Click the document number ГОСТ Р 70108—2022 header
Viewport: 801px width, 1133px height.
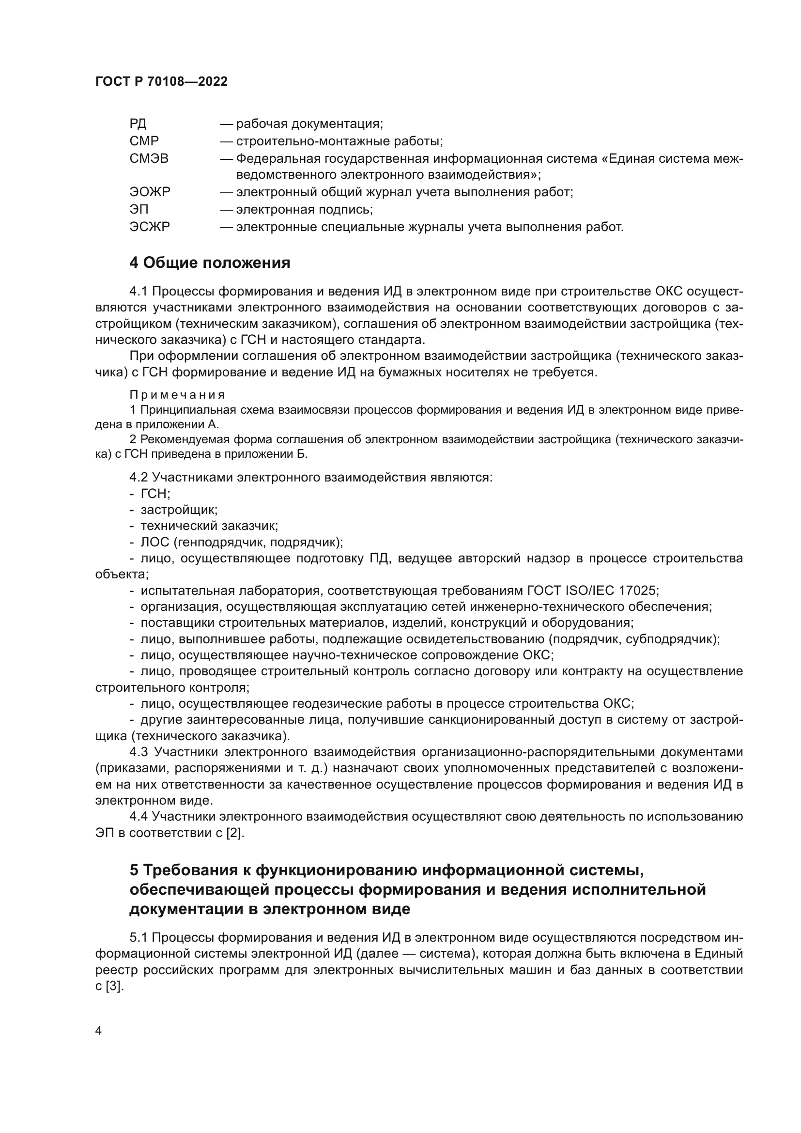pos(161,82)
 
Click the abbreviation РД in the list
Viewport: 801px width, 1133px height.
pos(138,124)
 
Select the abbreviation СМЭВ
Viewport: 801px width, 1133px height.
pos(149,158)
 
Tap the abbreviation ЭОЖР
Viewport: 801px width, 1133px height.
pos(150,192)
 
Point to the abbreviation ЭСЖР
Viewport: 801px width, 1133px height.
pos(150,227)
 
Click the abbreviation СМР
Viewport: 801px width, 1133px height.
pos(144,141)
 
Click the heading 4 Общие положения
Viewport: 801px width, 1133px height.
pos(210,263)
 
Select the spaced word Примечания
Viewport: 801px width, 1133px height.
pos(177,395)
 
